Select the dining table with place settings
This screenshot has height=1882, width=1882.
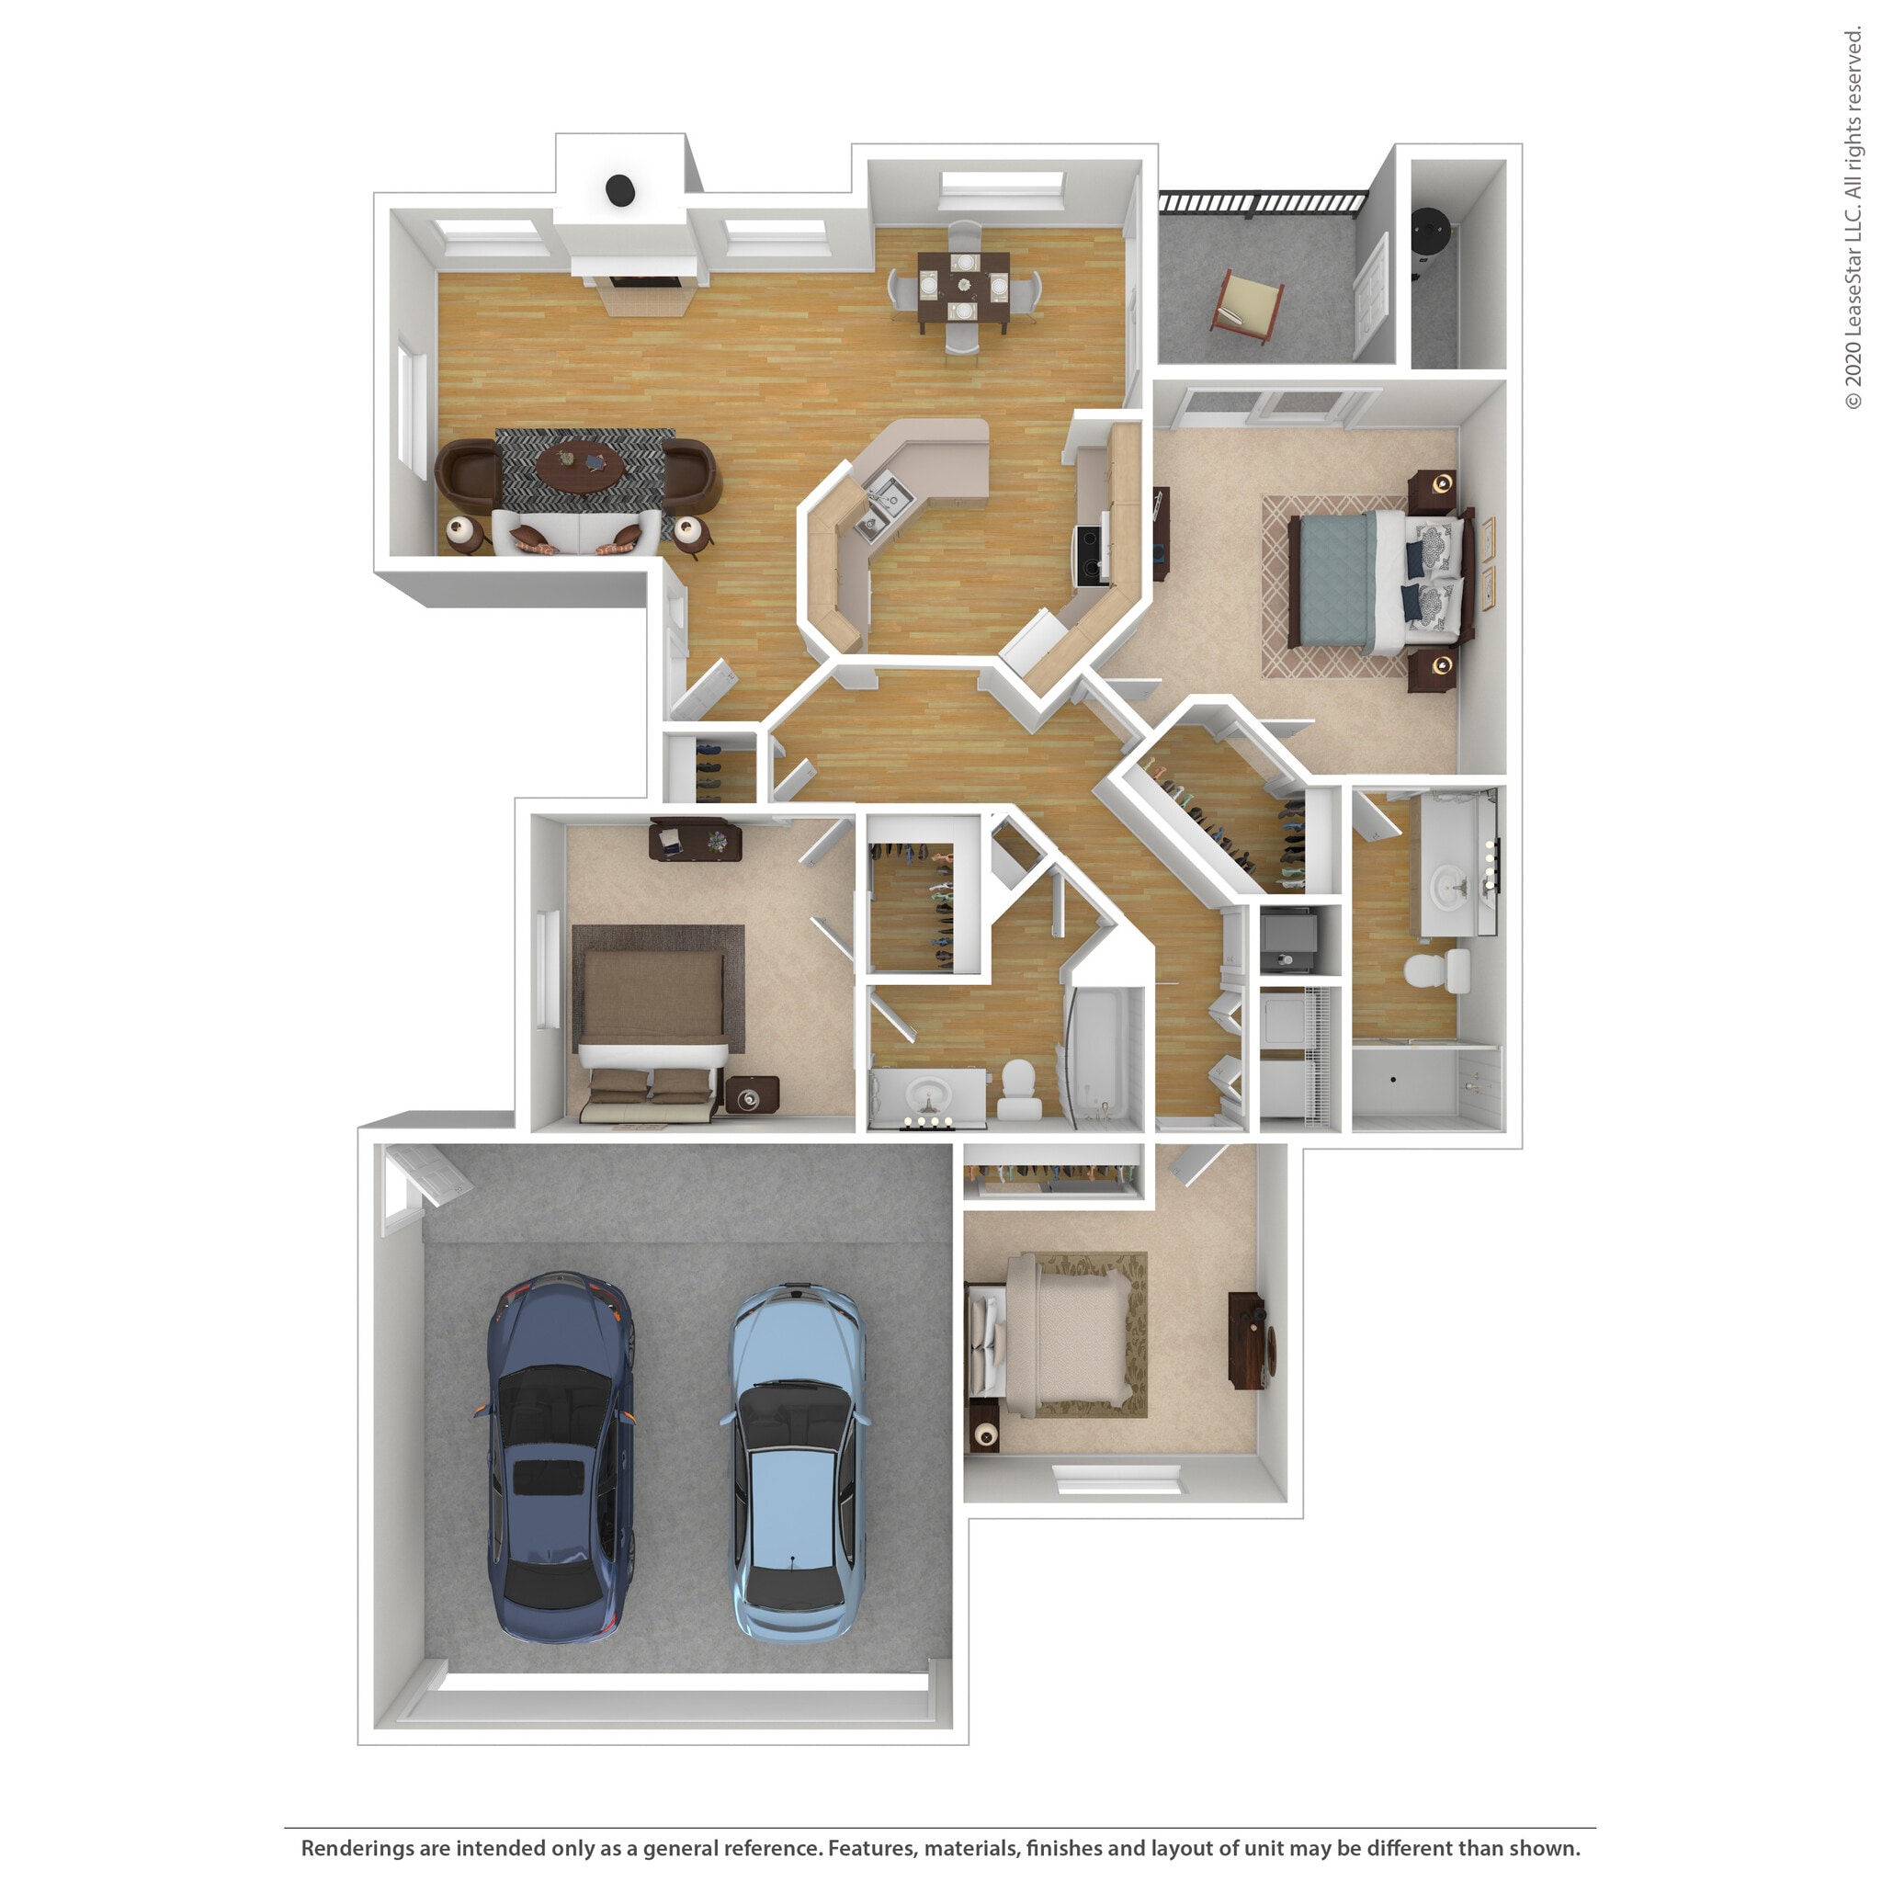(x=963, y=287)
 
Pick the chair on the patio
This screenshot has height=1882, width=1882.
(x=1248, y=306)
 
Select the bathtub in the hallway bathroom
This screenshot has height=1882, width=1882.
(x=1105, y=1058)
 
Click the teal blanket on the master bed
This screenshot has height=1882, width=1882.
(x=1332, y=582)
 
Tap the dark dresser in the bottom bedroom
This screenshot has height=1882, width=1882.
(x=1248, y=1341)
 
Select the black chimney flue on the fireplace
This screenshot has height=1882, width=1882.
(x=620, y=190)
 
